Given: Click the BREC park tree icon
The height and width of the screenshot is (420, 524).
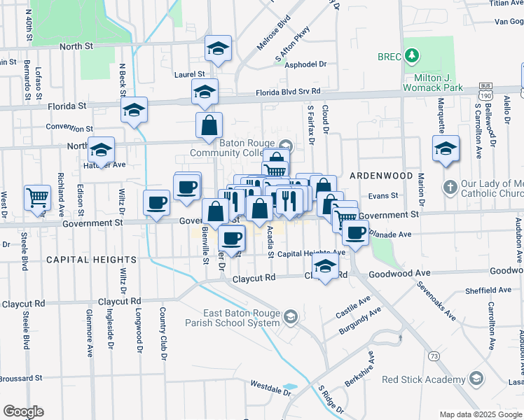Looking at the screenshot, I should tap(413, 55).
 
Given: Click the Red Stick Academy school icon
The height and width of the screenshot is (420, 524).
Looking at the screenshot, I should tap(476, 379).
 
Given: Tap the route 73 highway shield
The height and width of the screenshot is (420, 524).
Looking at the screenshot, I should tap(435, 357).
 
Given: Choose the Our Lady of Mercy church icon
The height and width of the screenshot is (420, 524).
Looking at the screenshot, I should tap(450, 188).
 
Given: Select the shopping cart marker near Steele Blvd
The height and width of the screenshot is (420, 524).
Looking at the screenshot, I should tap(36, 197).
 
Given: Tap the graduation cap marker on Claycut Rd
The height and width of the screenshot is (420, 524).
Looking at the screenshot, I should tap(325, 267).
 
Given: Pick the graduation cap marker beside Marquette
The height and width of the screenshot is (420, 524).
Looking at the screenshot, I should tap(445, 149).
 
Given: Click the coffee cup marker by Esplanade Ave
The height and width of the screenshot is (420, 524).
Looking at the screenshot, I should tap(356, 232).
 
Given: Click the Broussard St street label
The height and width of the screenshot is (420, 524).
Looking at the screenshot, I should tap(20, 378).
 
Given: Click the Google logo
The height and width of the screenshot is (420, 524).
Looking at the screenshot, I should tap(23, 412).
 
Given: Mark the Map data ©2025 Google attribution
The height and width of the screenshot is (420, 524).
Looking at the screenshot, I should tap(481, 414).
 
